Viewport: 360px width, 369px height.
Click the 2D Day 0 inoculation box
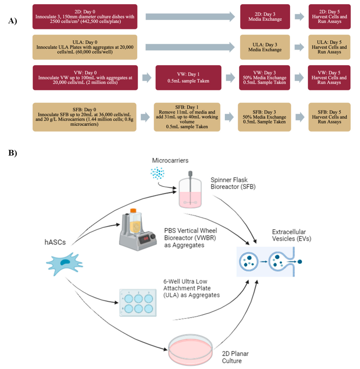pos(85,17)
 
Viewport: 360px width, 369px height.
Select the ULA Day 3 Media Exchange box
pos(265,47)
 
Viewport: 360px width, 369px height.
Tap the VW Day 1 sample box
pos(188,78)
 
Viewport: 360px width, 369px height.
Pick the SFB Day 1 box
pos(187,117)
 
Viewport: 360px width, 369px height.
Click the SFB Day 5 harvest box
pos(329,117)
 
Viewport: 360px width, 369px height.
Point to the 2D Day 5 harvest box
pos(329,17)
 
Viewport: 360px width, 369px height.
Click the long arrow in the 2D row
pos(190,17)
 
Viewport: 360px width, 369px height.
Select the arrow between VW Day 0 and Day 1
pos(147,78)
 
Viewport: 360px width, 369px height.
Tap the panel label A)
pos(12,21)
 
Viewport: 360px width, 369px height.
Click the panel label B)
pos(12,153)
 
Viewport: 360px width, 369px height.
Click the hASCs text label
pos(55,242)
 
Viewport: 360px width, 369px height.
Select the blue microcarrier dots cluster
pos(157,173)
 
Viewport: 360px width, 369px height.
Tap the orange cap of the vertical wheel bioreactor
pos(133,211)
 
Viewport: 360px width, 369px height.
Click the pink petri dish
pos(190,349)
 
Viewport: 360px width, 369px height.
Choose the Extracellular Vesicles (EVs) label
pos(291,235)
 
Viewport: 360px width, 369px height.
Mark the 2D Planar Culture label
pos(235,357)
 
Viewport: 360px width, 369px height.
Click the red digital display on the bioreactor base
pos(145,239)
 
